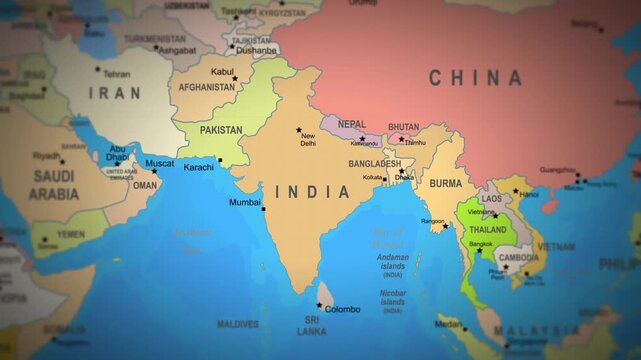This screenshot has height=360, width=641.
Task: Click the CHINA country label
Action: point(475,78)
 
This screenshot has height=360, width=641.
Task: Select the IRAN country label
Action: point(115,93)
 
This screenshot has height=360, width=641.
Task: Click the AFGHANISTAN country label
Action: point(208,87)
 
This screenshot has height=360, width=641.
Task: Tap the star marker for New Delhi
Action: point(298,129)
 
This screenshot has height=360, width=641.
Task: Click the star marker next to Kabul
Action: point(235,78)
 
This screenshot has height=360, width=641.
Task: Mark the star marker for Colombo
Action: point(320,306)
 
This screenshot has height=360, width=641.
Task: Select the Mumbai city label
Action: point(245,203)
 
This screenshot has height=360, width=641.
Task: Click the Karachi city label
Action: point(198,167)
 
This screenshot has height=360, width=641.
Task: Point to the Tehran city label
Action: point(116,74)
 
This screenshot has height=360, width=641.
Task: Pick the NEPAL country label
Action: point(352,124)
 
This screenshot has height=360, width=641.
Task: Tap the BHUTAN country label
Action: point(404,127)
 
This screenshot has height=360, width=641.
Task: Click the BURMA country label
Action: point(445,183)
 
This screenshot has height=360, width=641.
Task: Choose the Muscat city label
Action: point(160,163)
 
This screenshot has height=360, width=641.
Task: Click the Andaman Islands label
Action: point(392,262)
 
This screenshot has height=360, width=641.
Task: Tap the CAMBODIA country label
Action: point(518,257)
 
